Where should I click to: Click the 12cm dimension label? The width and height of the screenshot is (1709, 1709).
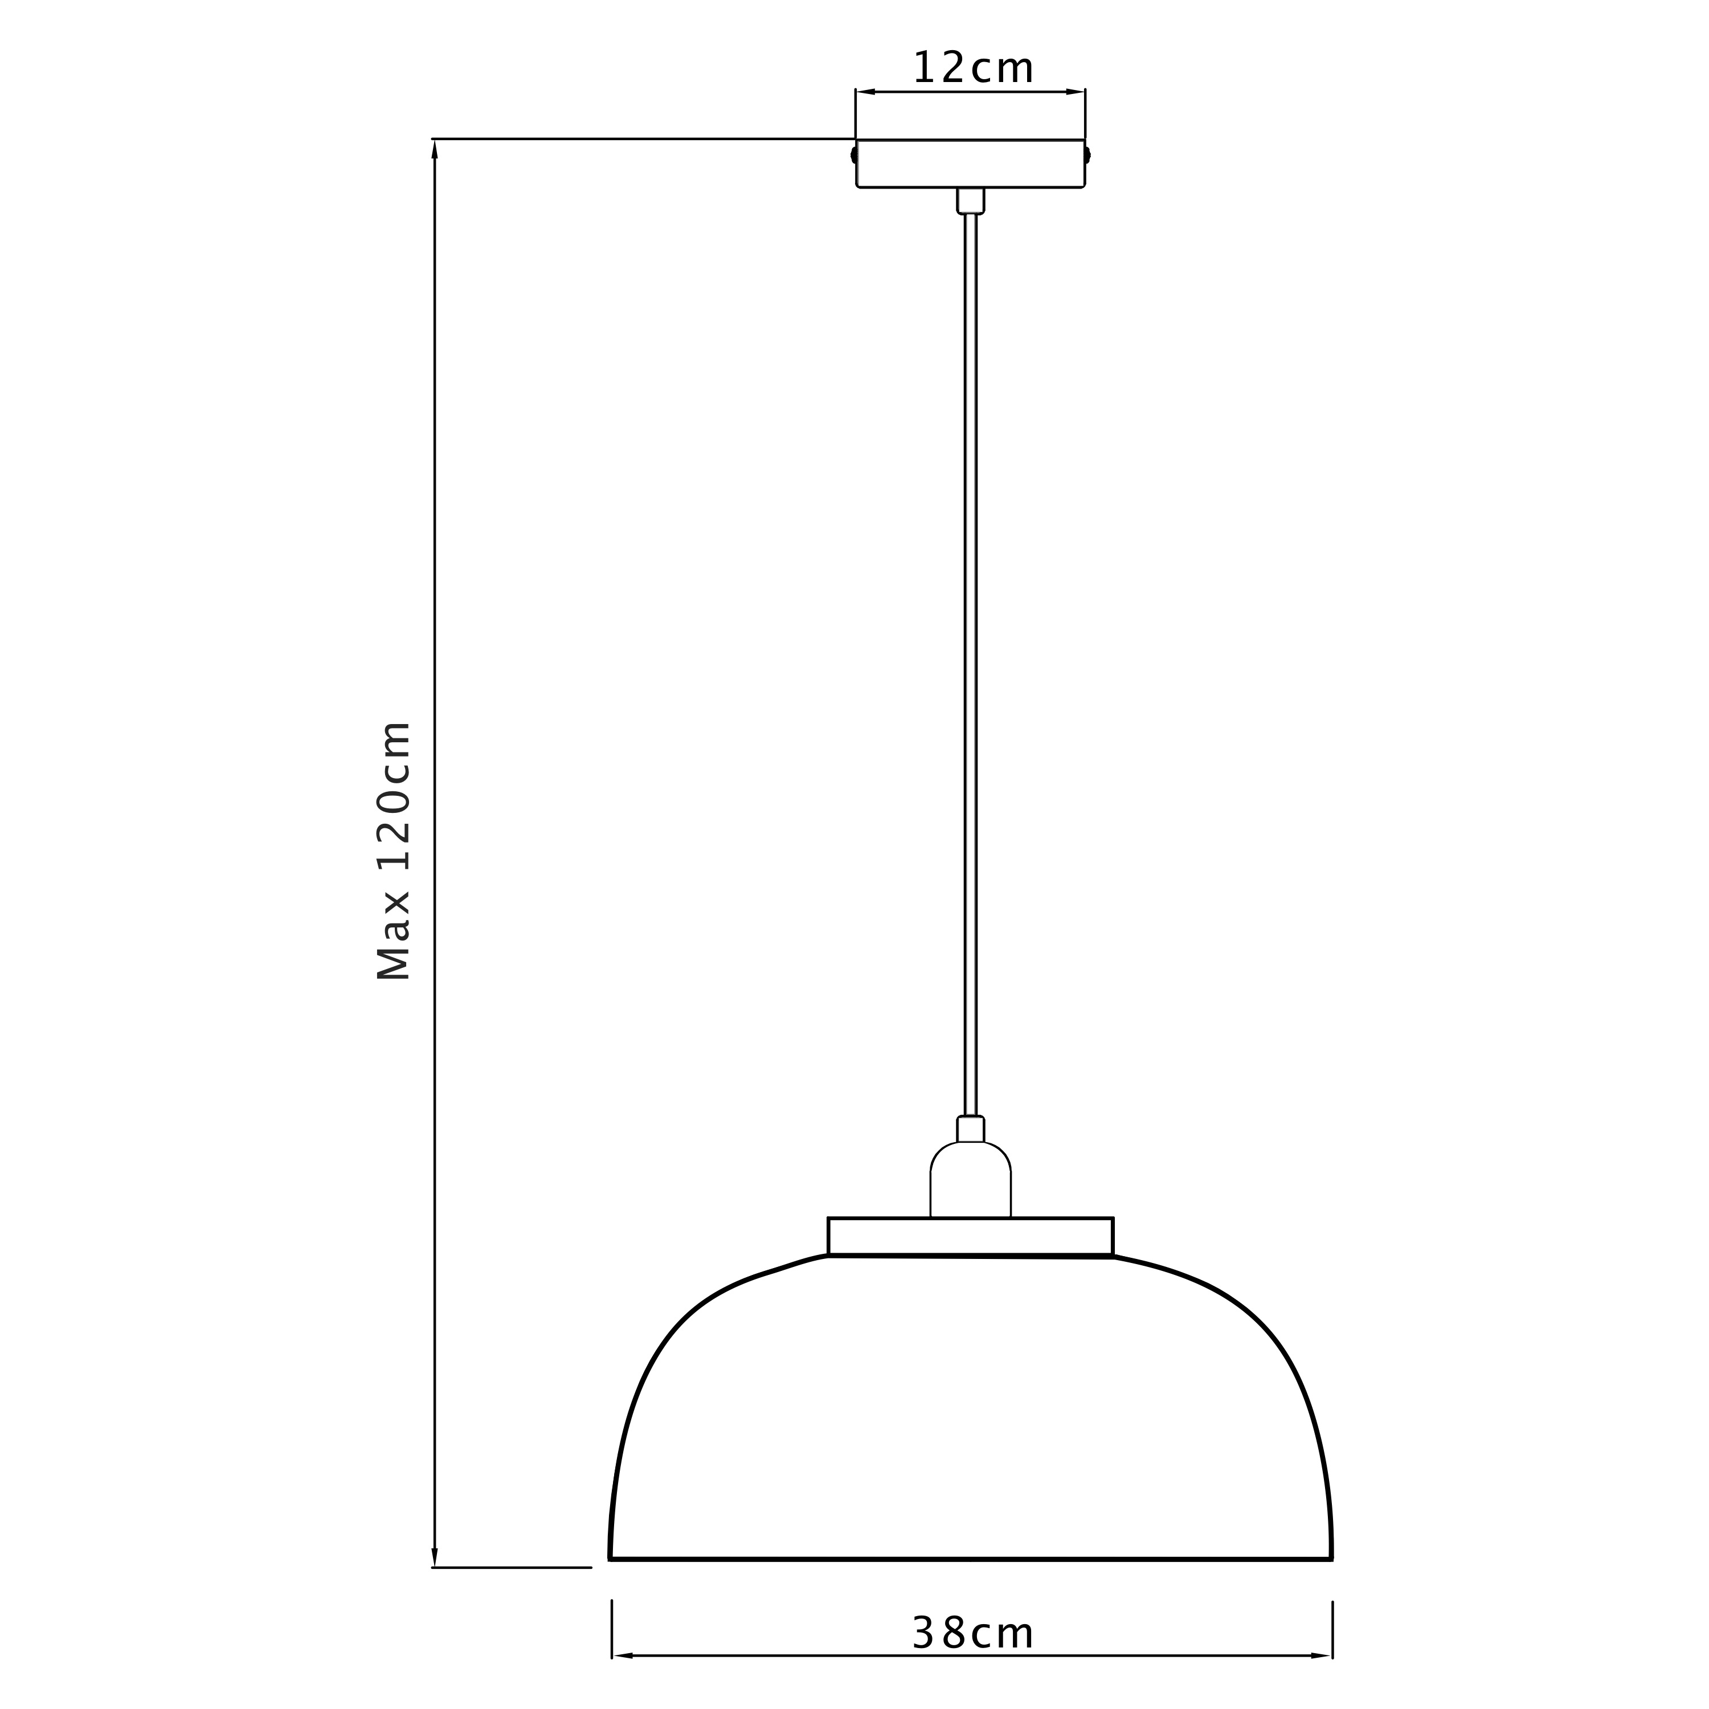click(x=972, y=69)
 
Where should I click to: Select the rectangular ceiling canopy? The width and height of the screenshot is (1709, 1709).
click(x=970, y=163)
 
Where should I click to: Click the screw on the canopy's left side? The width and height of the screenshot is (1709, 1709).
click(x=853, y=156)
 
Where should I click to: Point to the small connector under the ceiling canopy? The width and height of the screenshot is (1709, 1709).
click(x=970, y=201)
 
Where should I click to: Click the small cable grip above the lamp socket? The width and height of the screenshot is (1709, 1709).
click(x=970, y=1129)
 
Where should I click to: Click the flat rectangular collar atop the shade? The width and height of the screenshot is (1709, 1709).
click(x=970, y=1236)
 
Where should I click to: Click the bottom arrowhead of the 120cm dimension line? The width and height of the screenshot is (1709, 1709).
click(x=434, y=1557)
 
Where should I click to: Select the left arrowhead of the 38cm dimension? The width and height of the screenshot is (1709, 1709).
click(x=623, y=1655)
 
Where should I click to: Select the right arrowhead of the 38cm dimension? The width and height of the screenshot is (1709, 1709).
click(x=1322, y=1655)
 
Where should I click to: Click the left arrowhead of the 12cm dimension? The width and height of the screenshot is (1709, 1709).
click(x=866, y=91)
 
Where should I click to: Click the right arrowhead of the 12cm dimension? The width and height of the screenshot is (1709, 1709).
click(x=1075, y=91)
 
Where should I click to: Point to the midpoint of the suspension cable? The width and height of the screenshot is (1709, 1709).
click(x=970, y=664)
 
